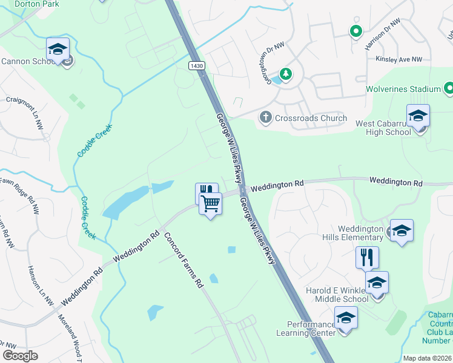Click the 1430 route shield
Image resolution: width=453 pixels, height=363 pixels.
click(x=196, y=66)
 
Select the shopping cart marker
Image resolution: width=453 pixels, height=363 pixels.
click(x=210, y=203)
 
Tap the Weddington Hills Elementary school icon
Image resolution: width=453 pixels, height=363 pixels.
click(x=402, y=230)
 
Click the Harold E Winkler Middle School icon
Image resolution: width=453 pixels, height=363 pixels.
click(x=377, y=282)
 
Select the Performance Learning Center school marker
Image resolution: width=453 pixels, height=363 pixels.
click(x=346, y=317)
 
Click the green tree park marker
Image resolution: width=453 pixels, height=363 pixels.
click(x=285, y=74)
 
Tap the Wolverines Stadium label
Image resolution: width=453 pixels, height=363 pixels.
click(x=403, y=89)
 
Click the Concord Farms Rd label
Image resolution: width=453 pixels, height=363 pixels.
click(x=183, y=260)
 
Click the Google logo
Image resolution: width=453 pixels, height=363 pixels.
click(x=21, y=356)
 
